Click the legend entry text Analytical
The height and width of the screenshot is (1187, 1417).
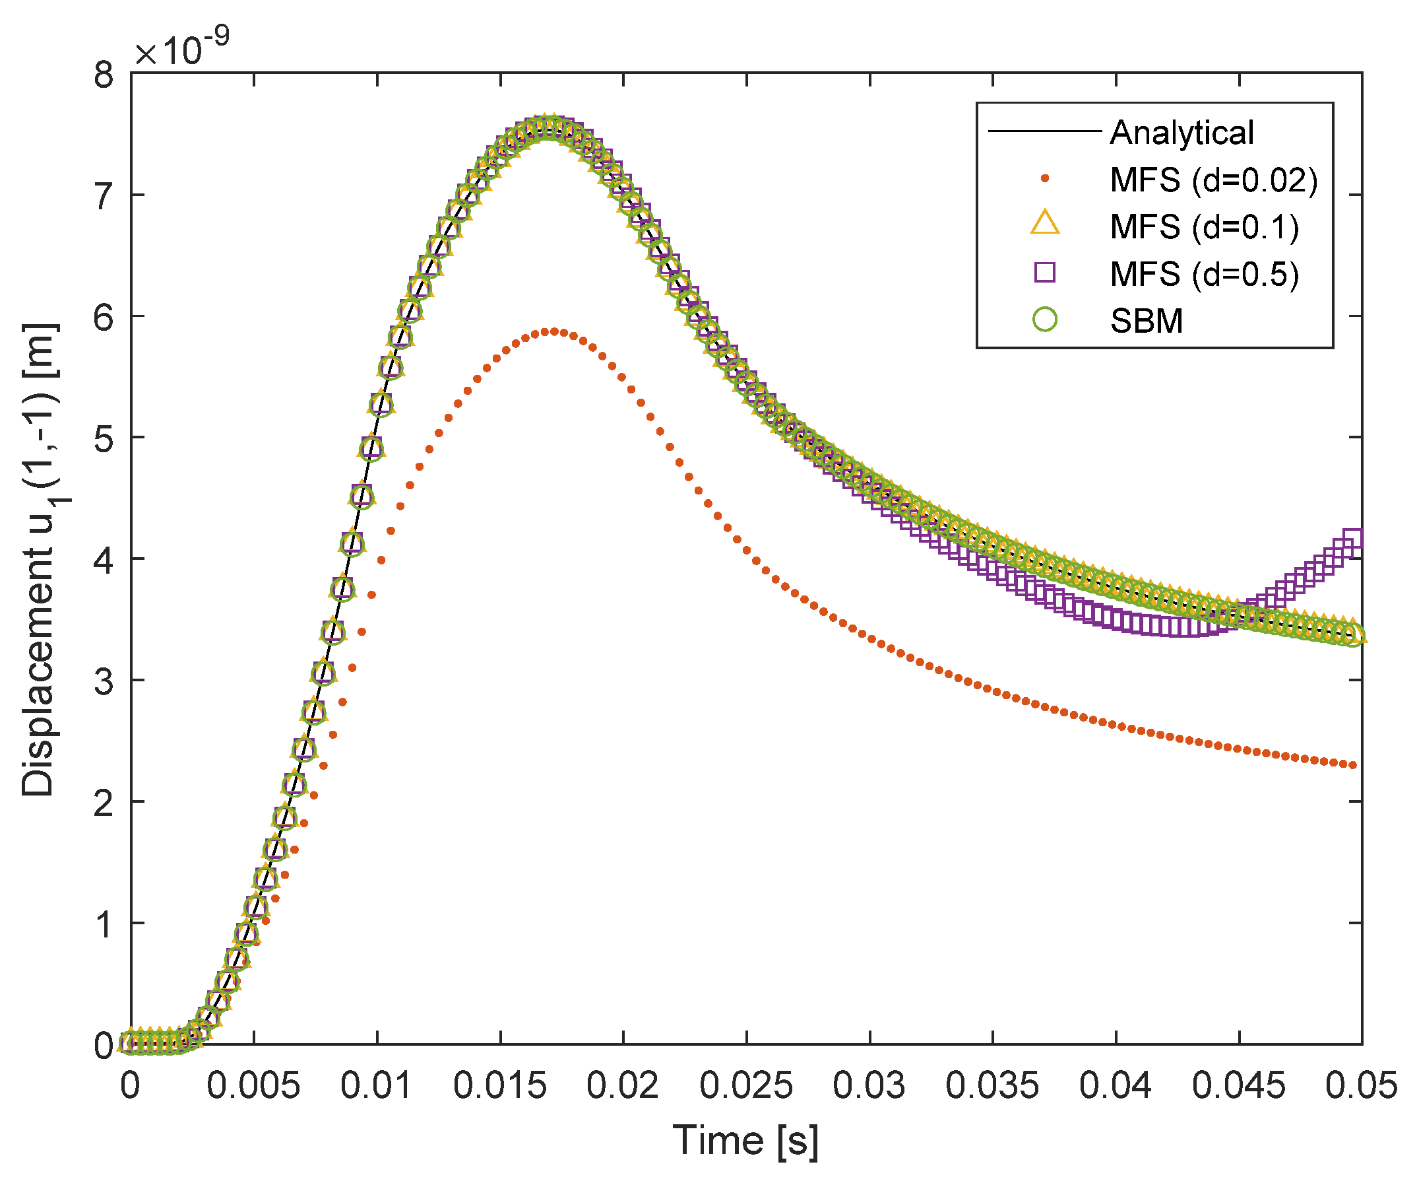[1181, 132]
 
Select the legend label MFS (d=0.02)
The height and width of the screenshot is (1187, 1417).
[1213, 180]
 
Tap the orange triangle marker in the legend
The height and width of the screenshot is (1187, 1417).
[1044, 224]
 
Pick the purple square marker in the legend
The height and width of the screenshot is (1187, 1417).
[1044, 272]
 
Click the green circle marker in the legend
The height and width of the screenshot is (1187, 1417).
[1044, 320]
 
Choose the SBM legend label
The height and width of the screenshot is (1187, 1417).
[1146, 321]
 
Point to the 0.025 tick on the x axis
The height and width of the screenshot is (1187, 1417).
[745, 1086]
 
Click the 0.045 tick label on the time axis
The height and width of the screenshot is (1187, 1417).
[1238, 1086]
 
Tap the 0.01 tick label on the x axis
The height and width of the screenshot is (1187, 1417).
[376, 1086]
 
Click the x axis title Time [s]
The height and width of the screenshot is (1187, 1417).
[745, 1141]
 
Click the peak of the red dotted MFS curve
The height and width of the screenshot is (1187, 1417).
[554, 331]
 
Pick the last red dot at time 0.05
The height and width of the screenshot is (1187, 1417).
[1352, 765]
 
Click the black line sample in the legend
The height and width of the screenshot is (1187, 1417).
[1044, 131]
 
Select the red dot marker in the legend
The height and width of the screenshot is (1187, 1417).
[1044, 179]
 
